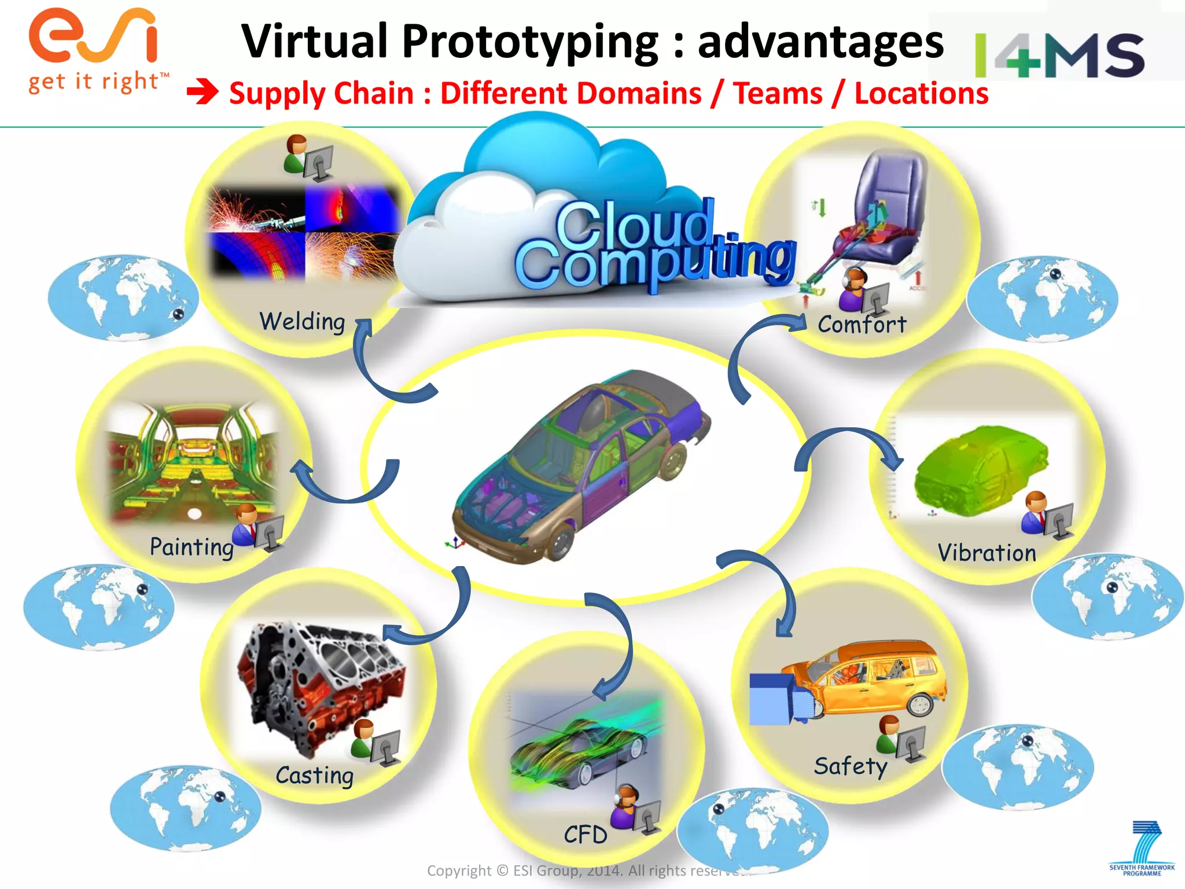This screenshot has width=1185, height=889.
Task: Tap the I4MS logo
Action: coord(1059,55)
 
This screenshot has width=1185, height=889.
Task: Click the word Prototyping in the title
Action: coord(529,42)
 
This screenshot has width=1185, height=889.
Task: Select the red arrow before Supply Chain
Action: coord(203,93)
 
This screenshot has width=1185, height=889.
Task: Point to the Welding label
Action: coord(302,321)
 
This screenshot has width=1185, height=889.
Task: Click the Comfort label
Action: coord(862,325)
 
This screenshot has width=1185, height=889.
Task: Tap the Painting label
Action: coord(192,547)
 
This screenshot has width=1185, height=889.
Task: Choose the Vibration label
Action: coord(987,553)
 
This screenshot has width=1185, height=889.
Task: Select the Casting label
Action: coord(314,776)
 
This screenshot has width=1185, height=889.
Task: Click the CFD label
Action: coord(586,835)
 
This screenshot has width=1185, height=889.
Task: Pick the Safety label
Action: coord(850,766)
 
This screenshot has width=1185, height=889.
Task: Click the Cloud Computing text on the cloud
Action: coord(654,246)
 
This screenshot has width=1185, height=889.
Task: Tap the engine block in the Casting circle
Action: coord(321,683)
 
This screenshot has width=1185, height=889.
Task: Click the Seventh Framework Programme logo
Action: coord(1143,848)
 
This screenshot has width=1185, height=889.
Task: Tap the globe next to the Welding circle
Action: coord(123,297)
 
